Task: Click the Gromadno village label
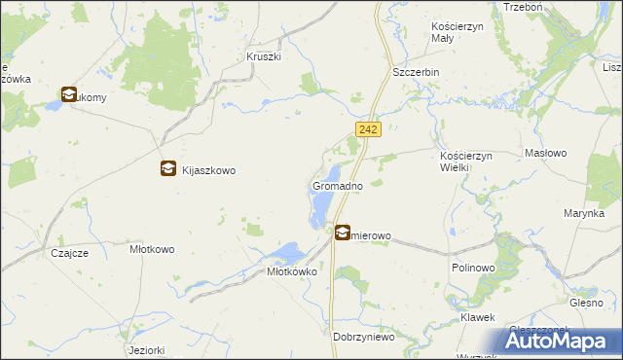338,185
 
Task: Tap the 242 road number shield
368,129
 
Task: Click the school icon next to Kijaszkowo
168,168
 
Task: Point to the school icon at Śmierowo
344,233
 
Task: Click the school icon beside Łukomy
68,95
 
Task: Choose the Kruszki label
264,56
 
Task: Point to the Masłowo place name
552,154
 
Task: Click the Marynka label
583,212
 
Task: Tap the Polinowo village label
475,267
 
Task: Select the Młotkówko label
293,272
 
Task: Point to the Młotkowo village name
152,249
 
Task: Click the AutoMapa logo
561,340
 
